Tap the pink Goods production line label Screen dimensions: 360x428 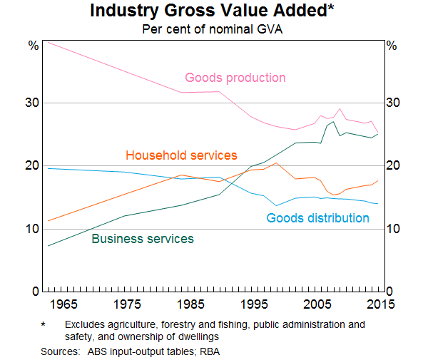(x=235, y=78)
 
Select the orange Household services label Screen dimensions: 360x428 (x=181, y=155)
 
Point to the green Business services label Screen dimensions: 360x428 (x=143, y=239)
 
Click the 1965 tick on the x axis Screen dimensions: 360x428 (x=62, y=305)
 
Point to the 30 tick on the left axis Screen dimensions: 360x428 (x=34, y=103)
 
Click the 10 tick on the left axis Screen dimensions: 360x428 (x=34, y=229)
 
